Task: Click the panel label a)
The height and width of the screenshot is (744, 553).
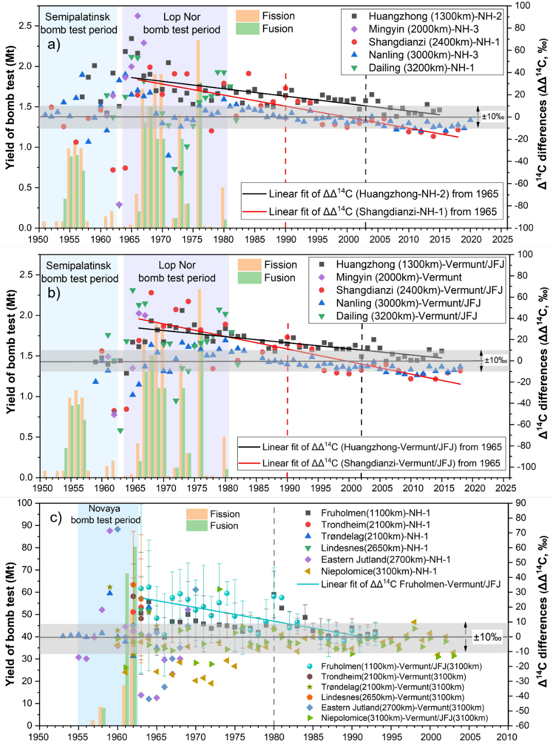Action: [54, 44]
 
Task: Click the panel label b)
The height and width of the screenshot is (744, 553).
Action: [54, 293]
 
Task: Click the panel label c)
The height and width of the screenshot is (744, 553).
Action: [56, 517]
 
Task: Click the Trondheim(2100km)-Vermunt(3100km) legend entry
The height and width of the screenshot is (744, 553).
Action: [393, 677]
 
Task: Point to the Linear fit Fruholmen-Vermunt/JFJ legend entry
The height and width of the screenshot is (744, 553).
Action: [399, 584]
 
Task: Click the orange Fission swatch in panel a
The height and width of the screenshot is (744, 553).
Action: [247, 16]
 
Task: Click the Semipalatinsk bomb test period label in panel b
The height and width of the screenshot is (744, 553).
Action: [79, 272]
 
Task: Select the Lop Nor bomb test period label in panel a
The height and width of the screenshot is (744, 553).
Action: [182, 23]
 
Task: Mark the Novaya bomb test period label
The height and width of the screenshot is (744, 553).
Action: [105, 514]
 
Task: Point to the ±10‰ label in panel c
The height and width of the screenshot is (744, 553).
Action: [487, 637]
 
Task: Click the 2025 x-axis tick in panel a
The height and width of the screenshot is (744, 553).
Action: [502, 239]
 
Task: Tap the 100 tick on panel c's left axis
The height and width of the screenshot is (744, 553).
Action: [25, 503]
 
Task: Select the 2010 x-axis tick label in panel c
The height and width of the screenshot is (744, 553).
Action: [507, 737]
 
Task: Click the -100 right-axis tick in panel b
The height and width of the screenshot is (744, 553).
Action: [526, 467]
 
